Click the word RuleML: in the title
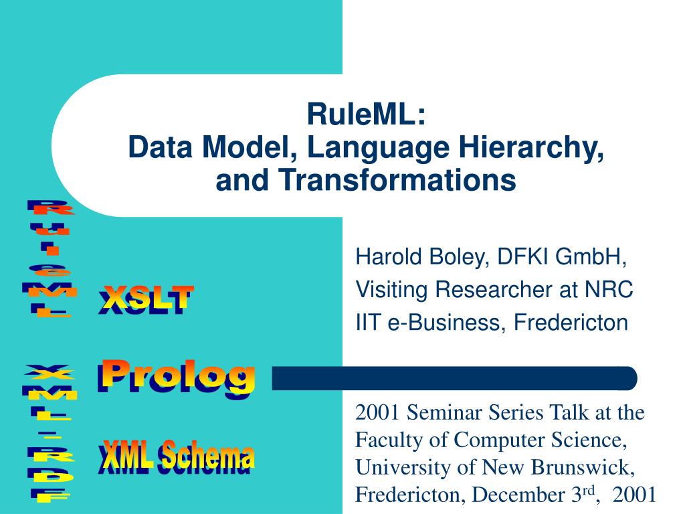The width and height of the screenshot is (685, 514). tap(366, 114)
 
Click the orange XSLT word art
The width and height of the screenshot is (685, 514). tap(146, 298)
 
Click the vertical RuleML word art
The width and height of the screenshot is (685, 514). tap(51, 258)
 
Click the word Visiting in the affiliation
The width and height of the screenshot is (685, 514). tap(393, 290)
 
